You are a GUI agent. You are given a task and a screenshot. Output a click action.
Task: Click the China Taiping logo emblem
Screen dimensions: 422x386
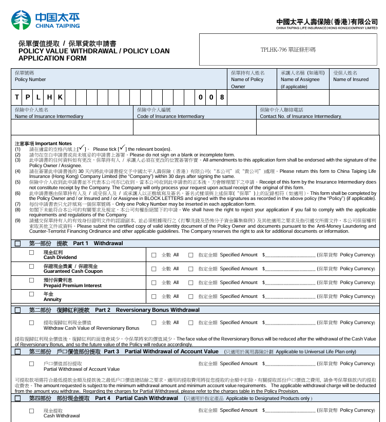pyautogui.click(x=21, y=20)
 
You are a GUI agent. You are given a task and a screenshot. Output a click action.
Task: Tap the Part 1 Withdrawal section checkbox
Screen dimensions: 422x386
pyautogui.click(x=18, y=243)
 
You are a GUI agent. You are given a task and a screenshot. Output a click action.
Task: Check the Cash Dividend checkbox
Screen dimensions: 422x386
pyautogui.click(x=32, y=253)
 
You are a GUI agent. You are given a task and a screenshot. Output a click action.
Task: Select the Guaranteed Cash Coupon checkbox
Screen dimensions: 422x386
pyautogui.click(x=32, y=267)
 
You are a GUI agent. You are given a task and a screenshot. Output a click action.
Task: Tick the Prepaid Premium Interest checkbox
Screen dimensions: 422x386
pyautogui.click(x=32, y=280)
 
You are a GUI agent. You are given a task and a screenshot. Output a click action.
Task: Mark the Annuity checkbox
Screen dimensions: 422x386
pyautogui.click(x=32, y=294)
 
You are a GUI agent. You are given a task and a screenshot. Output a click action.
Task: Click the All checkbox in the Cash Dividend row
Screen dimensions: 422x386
pyautogui.click(x=154, y=255)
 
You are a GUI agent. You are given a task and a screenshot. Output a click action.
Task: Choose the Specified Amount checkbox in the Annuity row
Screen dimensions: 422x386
pyautogui.click(x=191, y=296)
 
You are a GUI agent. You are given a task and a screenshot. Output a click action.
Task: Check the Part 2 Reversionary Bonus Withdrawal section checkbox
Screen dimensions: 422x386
pyautogui.click(x=18, y=310)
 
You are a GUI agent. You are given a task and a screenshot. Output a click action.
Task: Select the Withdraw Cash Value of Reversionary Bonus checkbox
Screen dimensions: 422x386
pyautogui.click(x=32, y=323)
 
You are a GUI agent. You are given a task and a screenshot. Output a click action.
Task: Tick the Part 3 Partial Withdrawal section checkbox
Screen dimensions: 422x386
pyautogui.click(x=18, y=352)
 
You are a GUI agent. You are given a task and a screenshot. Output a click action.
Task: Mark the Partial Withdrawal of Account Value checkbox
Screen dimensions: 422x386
pyautogui.click(x=32, y=364)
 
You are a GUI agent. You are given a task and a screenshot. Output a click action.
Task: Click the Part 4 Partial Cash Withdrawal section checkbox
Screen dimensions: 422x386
pyautogui.click(x=18, y=398)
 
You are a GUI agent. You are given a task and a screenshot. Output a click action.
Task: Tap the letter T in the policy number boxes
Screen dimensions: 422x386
pyautogui.click(x=17, y=97)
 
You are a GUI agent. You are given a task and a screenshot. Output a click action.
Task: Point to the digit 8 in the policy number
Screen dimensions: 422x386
pyautogui.click(x=222, y=97)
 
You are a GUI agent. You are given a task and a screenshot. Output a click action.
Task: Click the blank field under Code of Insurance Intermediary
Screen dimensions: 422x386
pyautogui.click(x=195, y=127)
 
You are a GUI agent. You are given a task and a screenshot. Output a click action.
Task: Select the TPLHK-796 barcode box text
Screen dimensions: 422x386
pyautogui.click(x=288, y=50)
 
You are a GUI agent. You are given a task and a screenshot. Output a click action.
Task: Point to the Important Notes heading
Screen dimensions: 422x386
pyautogui.click(x=44, y=144)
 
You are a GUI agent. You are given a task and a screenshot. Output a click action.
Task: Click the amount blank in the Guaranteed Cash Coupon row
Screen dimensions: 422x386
pyautogui.click(x=290, y=269)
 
